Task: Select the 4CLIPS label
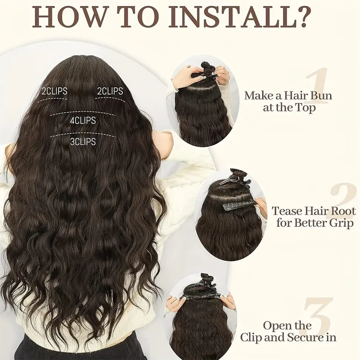[x=83, y=121]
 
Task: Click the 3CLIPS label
[x=83, y=142]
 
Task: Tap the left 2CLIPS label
[x=54, y=91]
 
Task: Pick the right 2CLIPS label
[x=110, y=91]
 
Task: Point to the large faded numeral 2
[x=342, y=200]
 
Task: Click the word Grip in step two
[x=341, y=223]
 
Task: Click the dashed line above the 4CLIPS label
[x=83, y=113]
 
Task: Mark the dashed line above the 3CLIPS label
[x=83, y=135]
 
